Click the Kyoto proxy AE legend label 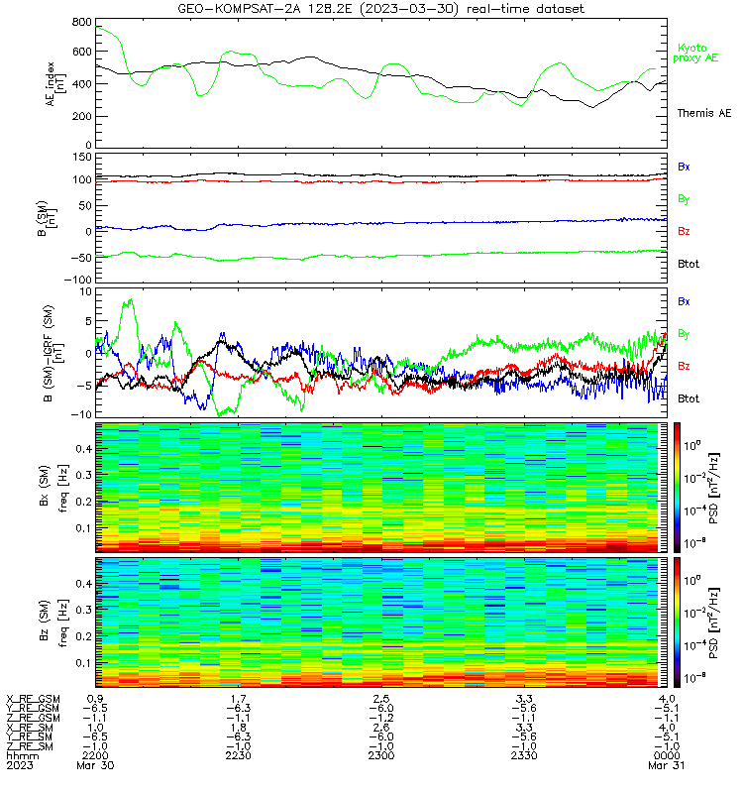(x=695, y=54)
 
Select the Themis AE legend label (x=704, y=113)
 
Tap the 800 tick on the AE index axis (x=82, y=22)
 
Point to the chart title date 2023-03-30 (x=408, y=9)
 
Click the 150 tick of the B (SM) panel (x=82, y=158)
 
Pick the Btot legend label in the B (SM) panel (x=689, y=264)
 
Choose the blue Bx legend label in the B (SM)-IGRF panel (x=684, y=301)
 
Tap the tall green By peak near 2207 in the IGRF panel (x=131, y=300)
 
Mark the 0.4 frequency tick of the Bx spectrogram (x=84, y=449)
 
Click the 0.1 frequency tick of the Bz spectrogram (x=84, y=663)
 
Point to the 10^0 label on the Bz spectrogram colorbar (x=691, y=580)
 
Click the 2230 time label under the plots (x=238, y=755)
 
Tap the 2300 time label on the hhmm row (x=381, y=755)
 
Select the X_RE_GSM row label (x=33, y=700)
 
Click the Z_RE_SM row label (x=30, y=746)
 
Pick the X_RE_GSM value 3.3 (x=524, y=699)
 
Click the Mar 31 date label (x=666, y=765)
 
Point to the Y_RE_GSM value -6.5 (x=95, y=709)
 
